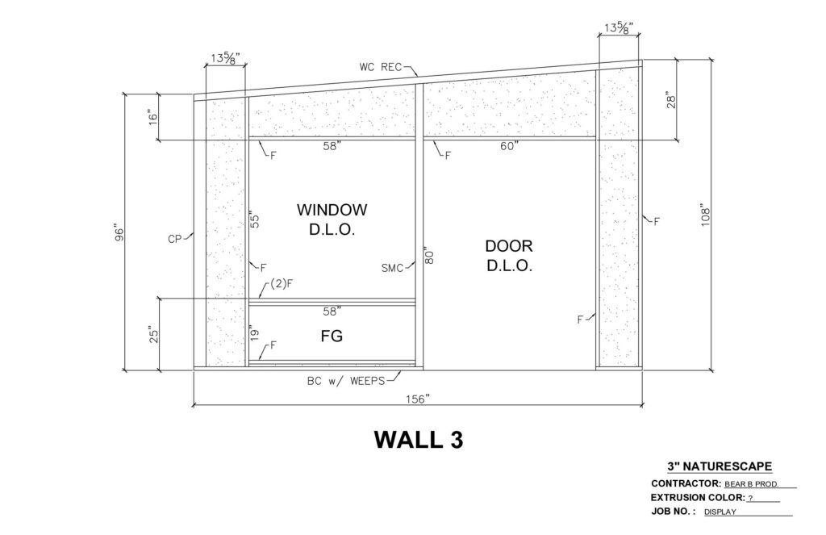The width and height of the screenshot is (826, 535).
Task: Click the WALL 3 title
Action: (x=419, y=440)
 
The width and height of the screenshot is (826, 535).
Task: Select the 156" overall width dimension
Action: (x=418, y=399)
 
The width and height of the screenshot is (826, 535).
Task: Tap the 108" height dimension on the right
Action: (x=706, y=215)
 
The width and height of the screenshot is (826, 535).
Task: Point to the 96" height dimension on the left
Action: (x=119, y=233)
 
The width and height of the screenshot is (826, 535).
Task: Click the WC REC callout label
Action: (x=381, y=67)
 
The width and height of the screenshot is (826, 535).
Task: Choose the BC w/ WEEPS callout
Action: (x=346, y=381)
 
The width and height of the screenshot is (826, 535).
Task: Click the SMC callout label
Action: (x=393, y=268)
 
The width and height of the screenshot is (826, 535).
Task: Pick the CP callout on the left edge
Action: (x=175, y=240)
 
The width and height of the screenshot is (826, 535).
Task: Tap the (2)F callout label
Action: (x=282, y=283)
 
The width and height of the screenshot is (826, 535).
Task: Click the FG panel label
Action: (x=332, y=336)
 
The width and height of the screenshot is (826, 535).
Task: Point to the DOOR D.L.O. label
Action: (x=509, y=256)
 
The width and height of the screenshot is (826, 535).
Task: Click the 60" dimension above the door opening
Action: (x=510, y=146)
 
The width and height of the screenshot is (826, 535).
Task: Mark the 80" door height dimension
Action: (x=429, y=254)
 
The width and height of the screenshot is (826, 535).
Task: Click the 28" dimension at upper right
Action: (x=671, y=100)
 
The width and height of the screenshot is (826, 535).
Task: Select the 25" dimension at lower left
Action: (x=153, y=335)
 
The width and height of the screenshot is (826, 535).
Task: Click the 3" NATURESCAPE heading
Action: (x=720, y=466)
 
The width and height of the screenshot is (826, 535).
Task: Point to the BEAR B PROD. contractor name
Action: (x=752, y=484)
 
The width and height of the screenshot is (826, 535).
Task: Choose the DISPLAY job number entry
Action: (x=720, y=512)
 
